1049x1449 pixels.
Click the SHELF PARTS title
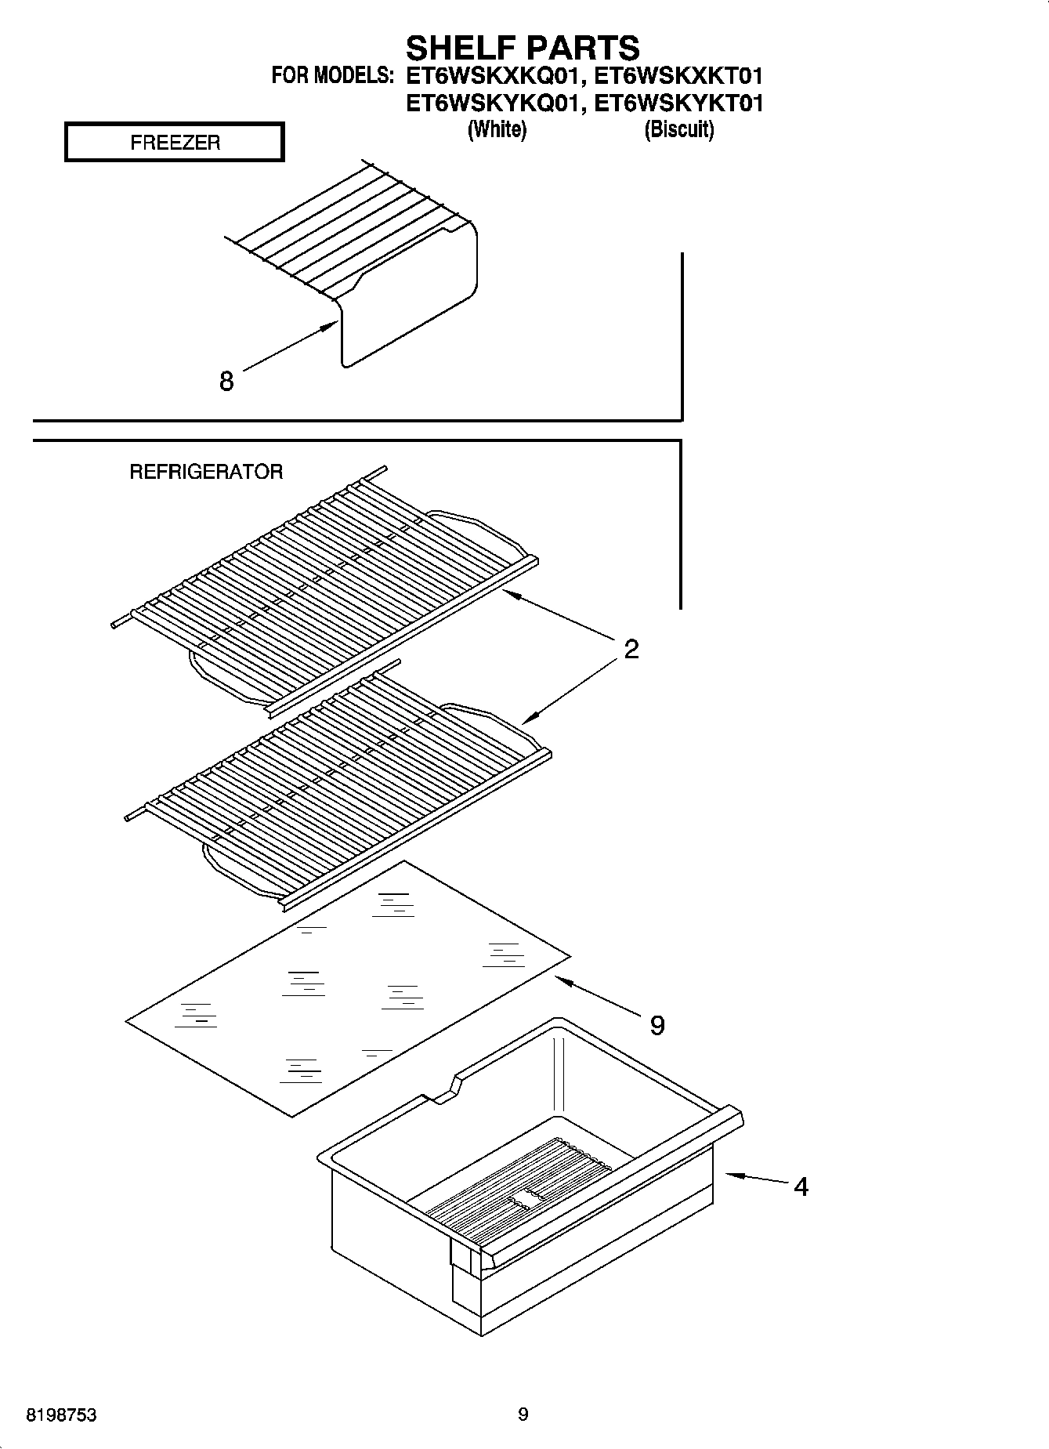click(523, 49)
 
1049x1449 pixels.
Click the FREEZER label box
click(174, 143)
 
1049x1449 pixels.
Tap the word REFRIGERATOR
click(205, 472)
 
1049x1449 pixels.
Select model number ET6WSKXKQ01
click(494, 77)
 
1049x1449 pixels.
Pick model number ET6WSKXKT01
click(678, 77)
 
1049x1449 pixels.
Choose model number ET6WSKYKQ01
click(494, 103)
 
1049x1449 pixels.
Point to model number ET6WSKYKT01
click(678, 103)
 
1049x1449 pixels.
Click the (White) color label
click(497, 129)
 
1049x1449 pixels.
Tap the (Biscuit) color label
click(678, 129)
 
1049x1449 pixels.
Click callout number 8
click(226, 382)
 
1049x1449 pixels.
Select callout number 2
click(631, 649)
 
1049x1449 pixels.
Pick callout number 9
click(657, 1025)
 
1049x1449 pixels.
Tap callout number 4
click(801, 1186)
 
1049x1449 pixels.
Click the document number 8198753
click(62, 1415)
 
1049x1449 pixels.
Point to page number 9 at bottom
click(523, 1415)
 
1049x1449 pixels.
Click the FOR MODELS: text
click(332, 77)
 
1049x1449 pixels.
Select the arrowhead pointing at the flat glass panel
click(561, 979)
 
